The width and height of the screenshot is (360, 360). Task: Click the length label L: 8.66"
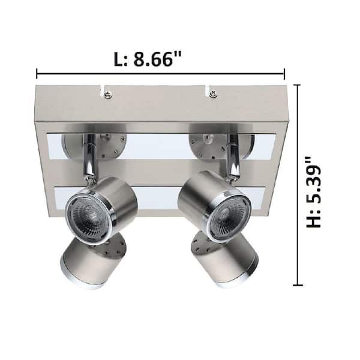(x=148, y=59)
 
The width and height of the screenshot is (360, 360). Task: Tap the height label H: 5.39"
(x=314, y=192)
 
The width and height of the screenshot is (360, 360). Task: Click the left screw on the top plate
(x=107, y=94)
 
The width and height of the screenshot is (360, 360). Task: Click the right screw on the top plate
(x=213, y=94)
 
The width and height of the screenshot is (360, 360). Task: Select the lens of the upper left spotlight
(x=89, y=216)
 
